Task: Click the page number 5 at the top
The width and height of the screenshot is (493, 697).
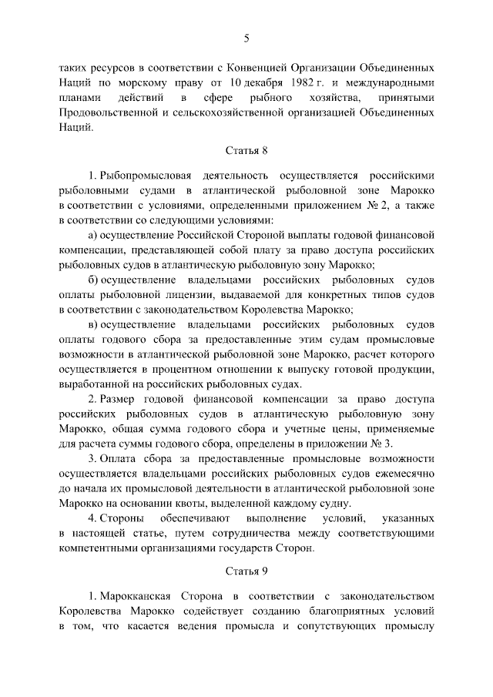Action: click(247, 38)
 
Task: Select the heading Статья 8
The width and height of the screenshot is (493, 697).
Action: click(247, 153)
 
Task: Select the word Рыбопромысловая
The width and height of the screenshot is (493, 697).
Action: click(141, 176)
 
